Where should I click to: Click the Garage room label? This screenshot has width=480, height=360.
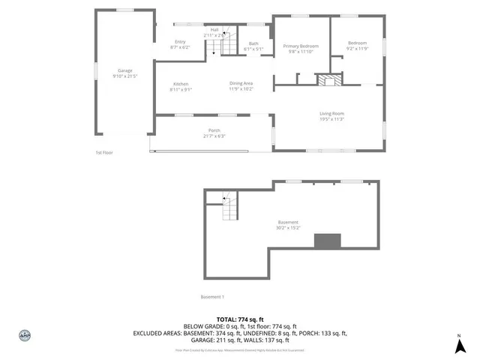124,70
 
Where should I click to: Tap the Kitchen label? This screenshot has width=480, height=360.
181,83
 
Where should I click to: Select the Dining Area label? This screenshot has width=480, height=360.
241,83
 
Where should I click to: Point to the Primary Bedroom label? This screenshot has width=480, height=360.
300,46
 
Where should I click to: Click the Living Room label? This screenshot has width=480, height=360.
331,113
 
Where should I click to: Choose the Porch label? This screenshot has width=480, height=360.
214,130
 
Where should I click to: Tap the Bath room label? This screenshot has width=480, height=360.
253,43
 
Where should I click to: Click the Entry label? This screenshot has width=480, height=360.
180,41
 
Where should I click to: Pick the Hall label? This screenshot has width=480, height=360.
214,29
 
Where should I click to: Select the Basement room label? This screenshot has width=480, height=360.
288,222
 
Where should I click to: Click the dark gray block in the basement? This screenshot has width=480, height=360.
327,241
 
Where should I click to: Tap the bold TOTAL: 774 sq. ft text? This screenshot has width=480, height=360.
241,319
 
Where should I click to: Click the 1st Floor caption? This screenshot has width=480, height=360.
103,152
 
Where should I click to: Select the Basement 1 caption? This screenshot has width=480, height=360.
213,297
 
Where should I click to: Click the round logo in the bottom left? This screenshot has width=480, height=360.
24,335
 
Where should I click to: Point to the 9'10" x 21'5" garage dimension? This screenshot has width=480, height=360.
124,76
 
